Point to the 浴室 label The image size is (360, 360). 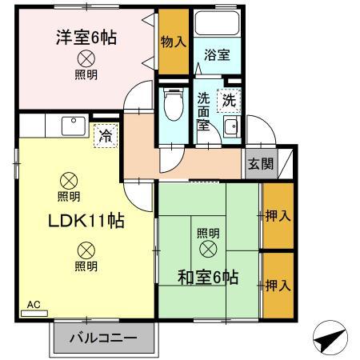(216, 56)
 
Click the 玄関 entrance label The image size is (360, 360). (259, 164)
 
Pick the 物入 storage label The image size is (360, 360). (173, 42)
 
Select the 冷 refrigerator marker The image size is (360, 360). (105, 135)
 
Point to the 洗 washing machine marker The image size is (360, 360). (229, 102)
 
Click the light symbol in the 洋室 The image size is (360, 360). (85, 58)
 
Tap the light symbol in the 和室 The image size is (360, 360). (208, 250)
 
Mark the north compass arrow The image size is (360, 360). (329, 340)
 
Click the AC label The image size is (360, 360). (34, 305)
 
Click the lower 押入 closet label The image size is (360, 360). (277, 284)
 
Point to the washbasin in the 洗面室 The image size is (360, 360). (231, 128)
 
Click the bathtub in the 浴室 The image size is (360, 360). (214, 24)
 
